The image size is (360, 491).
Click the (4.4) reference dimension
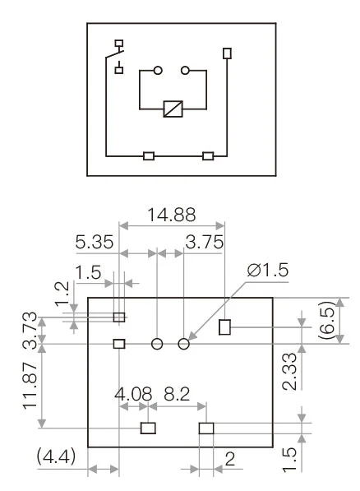(x=55, y=456)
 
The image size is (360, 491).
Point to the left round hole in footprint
(x=157, y=344)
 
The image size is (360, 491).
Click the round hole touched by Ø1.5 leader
(x=184, y=344)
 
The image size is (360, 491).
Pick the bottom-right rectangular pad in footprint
(x=206, y=428)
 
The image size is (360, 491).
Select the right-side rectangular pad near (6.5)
(x=225, y=328)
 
